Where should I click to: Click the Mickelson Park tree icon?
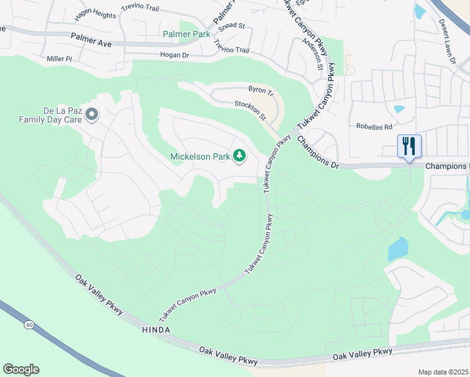[x=239, y=156]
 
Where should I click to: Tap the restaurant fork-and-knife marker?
[x=409, y=146]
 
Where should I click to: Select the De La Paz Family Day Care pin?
[x=92, y=115]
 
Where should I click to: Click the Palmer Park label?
[x=186, y=35]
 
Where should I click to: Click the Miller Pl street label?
[x=60, y=58]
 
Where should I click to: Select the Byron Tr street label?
[x=262, y=91]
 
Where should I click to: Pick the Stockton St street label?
[x=251, y=109]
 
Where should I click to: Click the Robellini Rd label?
[x=374, y=126]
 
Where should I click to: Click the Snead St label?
[x=232, y=25]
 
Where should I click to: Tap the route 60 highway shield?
[x=29, y=325]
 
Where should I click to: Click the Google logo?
[x=21, y=369]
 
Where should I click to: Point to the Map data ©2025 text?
[x=443, y=372]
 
